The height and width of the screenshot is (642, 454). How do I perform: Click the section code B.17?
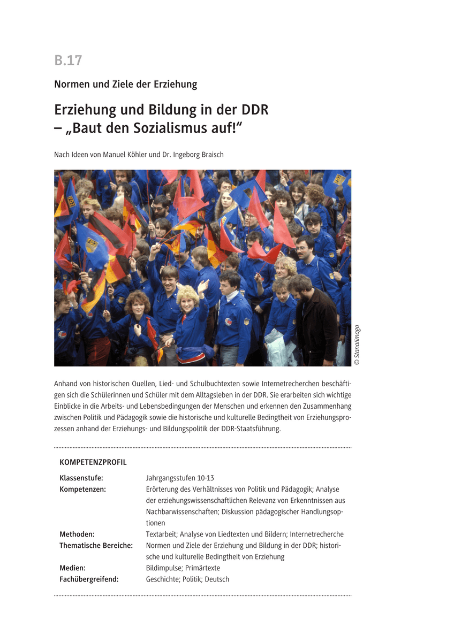pos(68,60)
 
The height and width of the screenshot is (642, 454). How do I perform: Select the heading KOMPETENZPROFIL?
pos(93,462)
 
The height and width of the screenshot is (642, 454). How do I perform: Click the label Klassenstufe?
pos(81,478)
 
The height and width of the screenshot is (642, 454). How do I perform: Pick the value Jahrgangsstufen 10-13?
pos(180,478)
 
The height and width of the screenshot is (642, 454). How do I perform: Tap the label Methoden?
pos(77,534)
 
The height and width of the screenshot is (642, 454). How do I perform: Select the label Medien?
pos(73,568)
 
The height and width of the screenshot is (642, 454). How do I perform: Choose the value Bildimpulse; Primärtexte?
pos(183,568)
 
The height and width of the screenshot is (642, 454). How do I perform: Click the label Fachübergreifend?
pos(89,579)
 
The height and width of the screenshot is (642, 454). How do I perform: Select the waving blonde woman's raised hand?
pos(203,285)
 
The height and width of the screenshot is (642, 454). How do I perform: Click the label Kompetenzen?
pos(83,489)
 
